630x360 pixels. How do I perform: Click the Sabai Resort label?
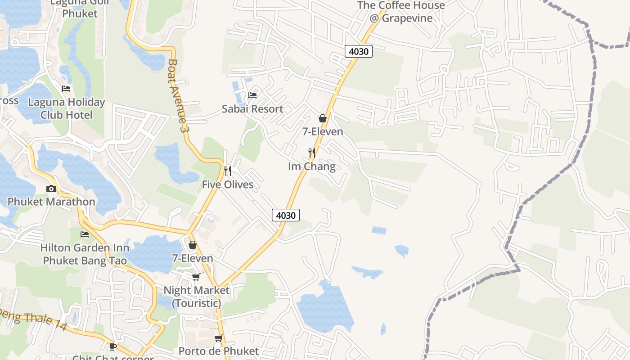252,109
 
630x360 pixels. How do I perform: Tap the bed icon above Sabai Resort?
252,95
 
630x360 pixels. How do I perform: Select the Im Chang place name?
311,166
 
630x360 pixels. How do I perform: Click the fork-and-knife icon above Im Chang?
311,153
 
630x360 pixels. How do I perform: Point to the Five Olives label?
227,184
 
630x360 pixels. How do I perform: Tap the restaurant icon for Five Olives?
228,171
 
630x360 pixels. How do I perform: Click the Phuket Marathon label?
51,202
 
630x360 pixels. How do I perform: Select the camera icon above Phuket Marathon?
51,189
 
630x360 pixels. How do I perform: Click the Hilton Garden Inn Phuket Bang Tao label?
85,254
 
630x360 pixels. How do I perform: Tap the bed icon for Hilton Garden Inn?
85,234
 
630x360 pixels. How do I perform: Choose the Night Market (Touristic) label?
196,297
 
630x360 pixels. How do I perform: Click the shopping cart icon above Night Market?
196,277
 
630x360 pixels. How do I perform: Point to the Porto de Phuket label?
219,351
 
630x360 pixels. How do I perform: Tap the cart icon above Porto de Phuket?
219,338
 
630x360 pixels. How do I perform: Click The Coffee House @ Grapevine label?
400,12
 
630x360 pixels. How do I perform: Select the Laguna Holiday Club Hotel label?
66,108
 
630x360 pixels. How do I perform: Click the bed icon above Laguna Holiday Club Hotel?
66,89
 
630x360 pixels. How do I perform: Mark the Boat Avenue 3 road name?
177,95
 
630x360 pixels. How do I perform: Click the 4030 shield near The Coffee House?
359,51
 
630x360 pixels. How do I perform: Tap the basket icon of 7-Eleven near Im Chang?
323,118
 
